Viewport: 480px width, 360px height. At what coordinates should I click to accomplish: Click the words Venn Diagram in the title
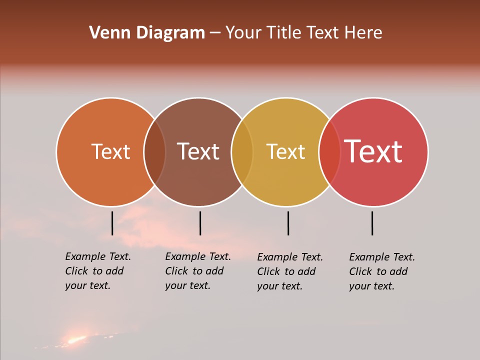[147, 33]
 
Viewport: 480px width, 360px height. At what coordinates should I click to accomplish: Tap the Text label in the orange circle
[110, 151]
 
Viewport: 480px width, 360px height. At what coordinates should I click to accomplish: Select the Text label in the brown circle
[198, 151]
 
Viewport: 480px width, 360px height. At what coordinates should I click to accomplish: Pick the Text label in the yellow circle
[285, 151]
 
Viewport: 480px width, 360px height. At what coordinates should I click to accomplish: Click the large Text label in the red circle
[373, 151]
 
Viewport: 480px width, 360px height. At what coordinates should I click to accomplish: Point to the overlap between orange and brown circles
[154, 152]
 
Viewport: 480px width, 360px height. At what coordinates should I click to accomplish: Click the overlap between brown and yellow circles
[242, 152]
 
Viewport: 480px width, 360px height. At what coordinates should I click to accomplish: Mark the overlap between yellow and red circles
[329, 152]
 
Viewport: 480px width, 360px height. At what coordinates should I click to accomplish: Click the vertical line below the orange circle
[112, 223]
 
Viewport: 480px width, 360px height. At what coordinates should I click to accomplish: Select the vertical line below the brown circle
[200, 223]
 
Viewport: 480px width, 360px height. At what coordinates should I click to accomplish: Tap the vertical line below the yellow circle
[288, 223]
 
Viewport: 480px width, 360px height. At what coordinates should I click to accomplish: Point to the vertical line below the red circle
[372, 223]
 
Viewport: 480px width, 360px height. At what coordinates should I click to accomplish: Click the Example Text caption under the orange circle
[98, 271]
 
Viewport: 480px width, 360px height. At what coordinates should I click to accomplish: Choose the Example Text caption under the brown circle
[198, 271]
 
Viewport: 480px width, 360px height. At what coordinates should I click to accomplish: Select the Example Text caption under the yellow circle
[290, 271]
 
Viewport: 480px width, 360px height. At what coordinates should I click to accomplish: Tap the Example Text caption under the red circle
[382, 271]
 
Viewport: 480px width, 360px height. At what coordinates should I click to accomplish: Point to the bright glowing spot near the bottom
[75, 340]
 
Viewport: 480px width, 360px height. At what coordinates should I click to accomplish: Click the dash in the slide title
[214, 33]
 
